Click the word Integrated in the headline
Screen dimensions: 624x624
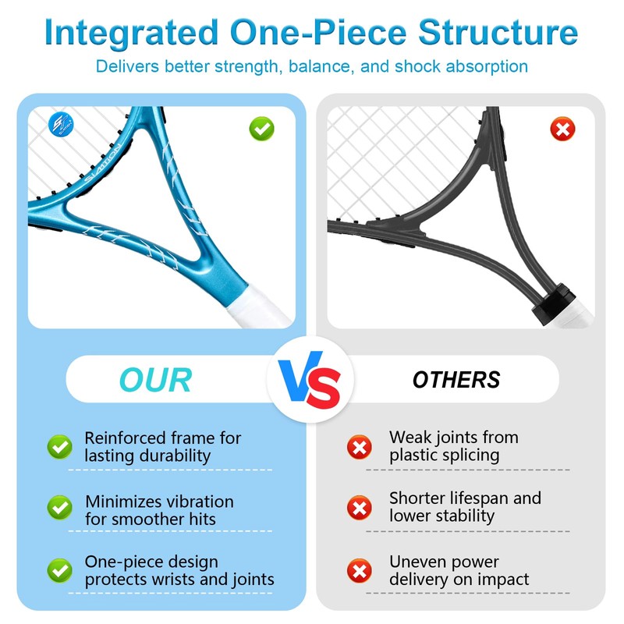pyautogui.click(x=130, y=33)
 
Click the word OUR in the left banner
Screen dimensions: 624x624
pyautogui.click(x=155, y=380)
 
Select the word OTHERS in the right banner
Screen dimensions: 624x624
pyautogui.click(x=456, y=380)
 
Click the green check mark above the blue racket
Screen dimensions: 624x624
pyautogui.click(x=261, y=128)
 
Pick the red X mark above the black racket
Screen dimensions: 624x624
pyautogui.click(x=562, y=128)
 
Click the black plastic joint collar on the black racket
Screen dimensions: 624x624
pyautogui.click(x=551, y=301)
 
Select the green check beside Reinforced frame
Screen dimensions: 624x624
pyautogui.click(x=59, y=447)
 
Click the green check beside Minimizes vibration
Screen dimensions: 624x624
pyautogui.click(x=59, y=509)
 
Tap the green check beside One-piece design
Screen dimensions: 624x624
pyautogui.click(x=59, y=570)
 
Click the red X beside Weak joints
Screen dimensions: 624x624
pyautogui.click(x=359, y=447)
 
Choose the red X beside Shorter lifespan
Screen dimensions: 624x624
pyautogui.click(x=359, y=509)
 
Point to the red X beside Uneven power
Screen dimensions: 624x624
pyautogui.click(x=359, y=570)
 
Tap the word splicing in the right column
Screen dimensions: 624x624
pyautogui.click(x=467, y=456)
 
